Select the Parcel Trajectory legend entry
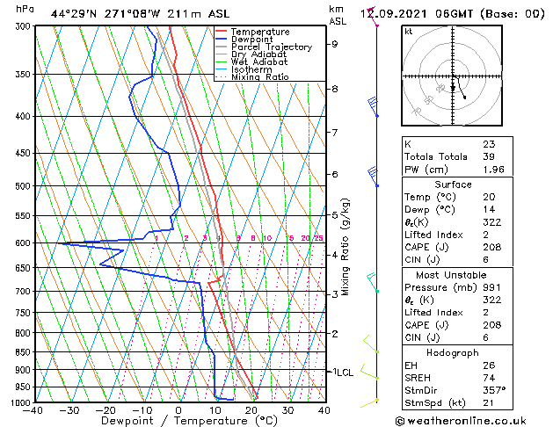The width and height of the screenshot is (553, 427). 271,47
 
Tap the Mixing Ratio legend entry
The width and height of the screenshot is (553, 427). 259,77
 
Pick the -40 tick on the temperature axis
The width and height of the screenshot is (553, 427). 34,410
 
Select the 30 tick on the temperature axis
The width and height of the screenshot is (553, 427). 287,410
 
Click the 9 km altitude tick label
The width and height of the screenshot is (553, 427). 335,43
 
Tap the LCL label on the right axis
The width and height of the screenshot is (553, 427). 342,373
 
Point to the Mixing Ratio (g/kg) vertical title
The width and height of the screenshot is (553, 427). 346,247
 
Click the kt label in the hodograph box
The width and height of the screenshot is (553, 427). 409,31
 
